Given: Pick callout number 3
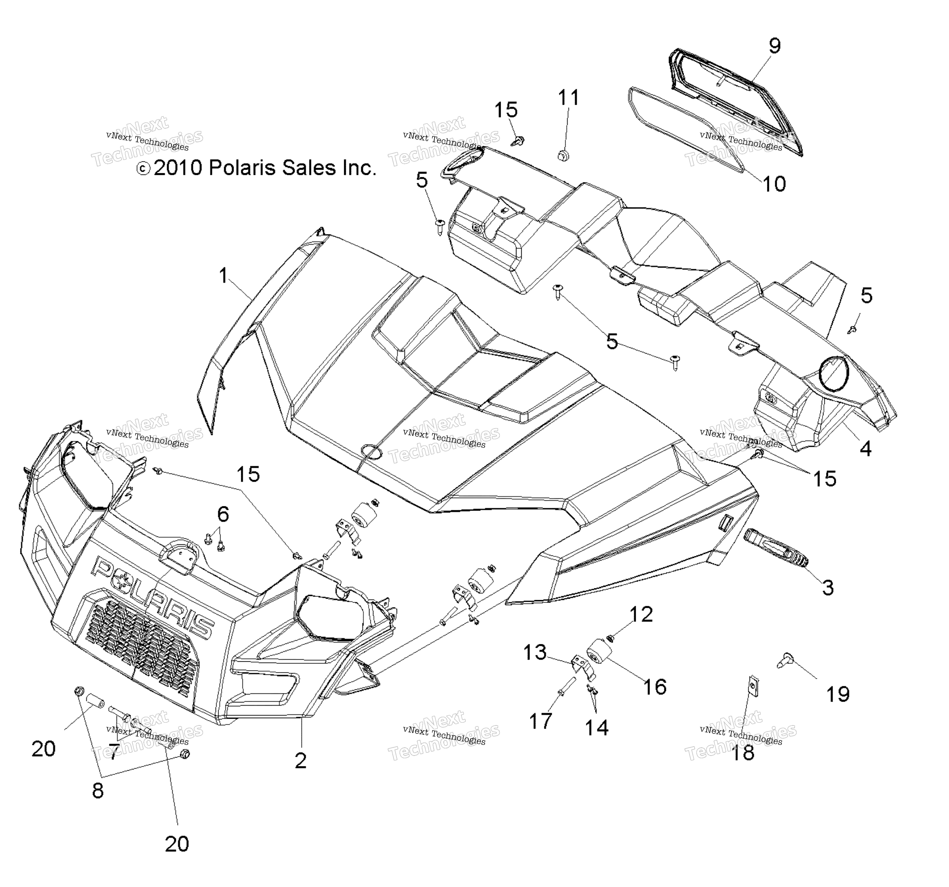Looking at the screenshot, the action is click(x=828, y=587).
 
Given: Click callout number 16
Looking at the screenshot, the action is click(x=654, y=687).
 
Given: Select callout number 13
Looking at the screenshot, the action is click(x=535, y=652).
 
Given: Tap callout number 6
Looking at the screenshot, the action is click(x=223, y=514).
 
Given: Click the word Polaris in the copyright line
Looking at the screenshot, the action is click(x=240, y=168).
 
